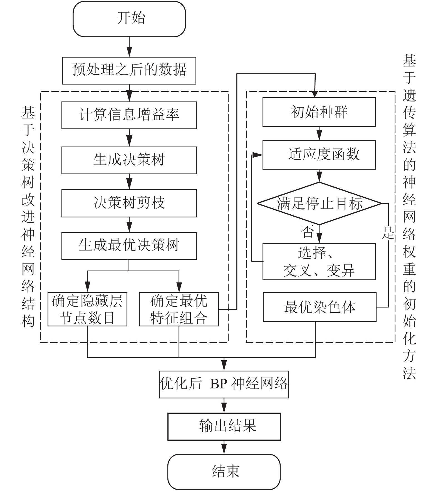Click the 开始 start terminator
point(129,19)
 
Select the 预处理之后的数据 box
point(129,71)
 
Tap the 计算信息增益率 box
point(129,115)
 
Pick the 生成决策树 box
point(129,160)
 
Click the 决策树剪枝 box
point(129,203)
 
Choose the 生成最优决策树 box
point(129,246)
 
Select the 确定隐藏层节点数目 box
point(87,309)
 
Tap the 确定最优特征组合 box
point(179,309)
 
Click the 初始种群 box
point(319,112)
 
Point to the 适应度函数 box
point(319,155)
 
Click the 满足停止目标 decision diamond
point(319,204)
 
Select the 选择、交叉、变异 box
point(319,262)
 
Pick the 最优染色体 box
point(320,307)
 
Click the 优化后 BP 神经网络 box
point(224,384)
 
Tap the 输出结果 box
point(224,426)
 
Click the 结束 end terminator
point(224,472)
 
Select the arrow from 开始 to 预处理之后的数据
point(129,47)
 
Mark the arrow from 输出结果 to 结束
point(224,447)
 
